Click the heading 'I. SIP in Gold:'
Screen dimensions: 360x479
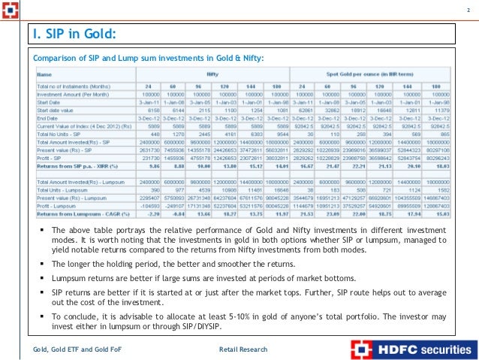[x=74, y=33]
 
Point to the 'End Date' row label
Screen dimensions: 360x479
[x=50, y=117]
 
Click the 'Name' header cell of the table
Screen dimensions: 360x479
[x=45, y=74]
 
